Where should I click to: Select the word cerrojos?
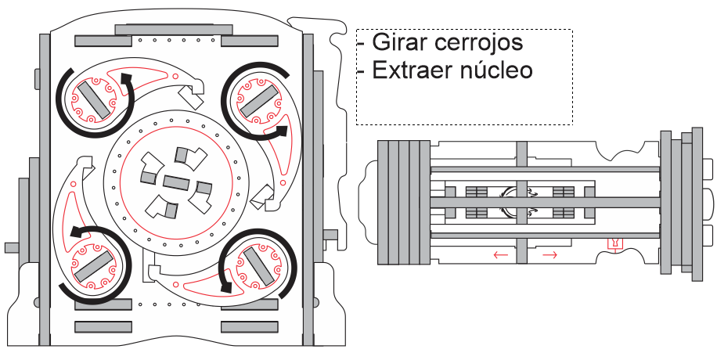coord(478,41)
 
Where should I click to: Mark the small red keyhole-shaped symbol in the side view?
coord(616,244)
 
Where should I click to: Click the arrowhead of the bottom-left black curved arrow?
coord(76,232)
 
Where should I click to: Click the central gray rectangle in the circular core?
coord(176,185)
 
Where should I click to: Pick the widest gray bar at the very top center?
coord(174,29)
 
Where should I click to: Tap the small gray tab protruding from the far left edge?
coord(11,247)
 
